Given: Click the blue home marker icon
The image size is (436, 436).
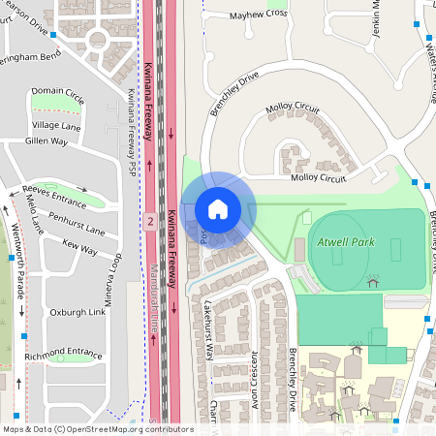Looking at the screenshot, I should pos(218,209).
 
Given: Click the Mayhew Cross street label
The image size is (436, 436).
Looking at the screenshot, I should pos(259,15).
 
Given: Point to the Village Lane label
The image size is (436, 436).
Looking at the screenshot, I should pos(56,126).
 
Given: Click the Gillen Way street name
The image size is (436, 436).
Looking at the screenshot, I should pos(46,141).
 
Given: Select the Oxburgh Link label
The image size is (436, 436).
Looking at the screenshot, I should pos(78,313).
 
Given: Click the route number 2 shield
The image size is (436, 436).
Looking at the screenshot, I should pos(150,222).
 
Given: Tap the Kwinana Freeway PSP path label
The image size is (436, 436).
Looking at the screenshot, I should pos(132,123).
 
